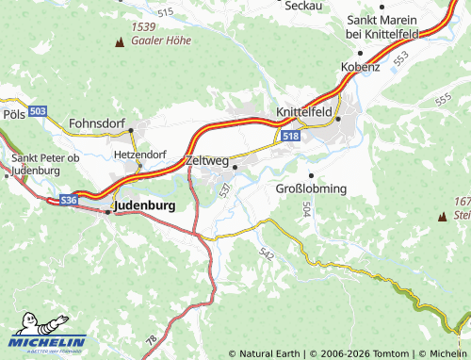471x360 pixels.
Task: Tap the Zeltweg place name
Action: [x=209, y=160]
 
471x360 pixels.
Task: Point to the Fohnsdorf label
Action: [x=98, y=122]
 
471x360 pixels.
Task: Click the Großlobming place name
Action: [x=311, y=188]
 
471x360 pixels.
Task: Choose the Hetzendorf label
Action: [x=138, y=153]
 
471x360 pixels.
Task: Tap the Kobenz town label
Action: [x=361, y=67]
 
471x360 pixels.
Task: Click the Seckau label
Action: [x=304, y=6]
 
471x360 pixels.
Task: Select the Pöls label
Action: [x=13, y=113]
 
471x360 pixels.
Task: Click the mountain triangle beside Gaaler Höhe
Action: [x=119, y=42]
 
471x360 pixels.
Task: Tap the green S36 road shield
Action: [x=68, y=201]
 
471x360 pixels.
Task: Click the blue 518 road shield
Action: [x=289, y=137]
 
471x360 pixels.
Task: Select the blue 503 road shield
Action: [x=37, y=111]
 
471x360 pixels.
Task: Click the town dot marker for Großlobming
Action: [x=311, y=175]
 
